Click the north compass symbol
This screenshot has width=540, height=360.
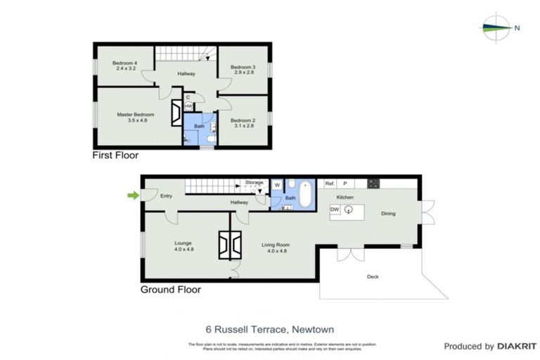point(499,28)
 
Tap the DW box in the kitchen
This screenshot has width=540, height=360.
point(335,210)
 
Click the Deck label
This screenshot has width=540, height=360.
point(373,276)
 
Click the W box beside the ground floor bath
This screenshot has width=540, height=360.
point(277,186)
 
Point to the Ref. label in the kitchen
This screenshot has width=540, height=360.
point(329,184)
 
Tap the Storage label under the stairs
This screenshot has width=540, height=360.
point(254,182)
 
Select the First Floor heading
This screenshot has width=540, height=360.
point(116,155)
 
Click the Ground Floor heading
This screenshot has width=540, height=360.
point(171,289)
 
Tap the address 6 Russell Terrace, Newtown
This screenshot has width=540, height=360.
point(269,328)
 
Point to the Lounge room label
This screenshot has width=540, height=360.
point(183,246)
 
